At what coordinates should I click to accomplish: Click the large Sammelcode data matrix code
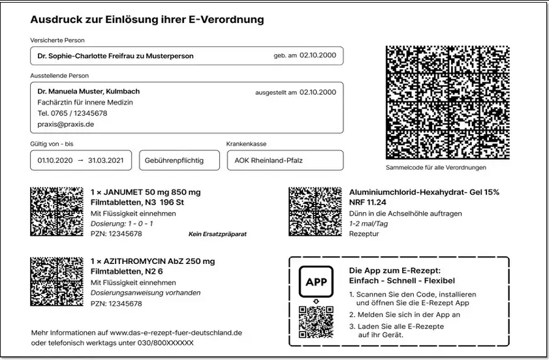coord(447,102)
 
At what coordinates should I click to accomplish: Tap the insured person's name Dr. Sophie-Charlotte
coord(116,56)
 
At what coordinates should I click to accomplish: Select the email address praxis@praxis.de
coord(66,124)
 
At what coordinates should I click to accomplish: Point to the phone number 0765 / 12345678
coord(72,113)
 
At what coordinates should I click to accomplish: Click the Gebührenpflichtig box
coord(179,160)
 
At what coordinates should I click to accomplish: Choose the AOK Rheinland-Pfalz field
coord(285,160)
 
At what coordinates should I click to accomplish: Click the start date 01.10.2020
coord(54,160)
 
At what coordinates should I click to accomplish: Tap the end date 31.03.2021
coord(106,160)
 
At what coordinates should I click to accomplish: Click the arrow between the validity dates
coord(80,160)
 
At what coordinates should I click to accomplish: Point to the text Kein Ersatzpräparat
coord(217,233)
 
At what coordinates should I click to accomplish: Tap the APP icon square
coord(315,282)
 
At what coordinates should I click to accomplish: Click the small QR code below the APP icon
coord(315,322)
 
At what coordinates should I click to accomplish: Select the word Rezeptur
coord(364,233)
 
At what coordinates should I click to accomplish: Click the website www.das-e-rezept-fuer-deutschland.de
coord(176,333)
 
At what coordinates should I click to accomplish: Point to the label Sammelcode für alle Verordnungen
coord(435,167)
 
